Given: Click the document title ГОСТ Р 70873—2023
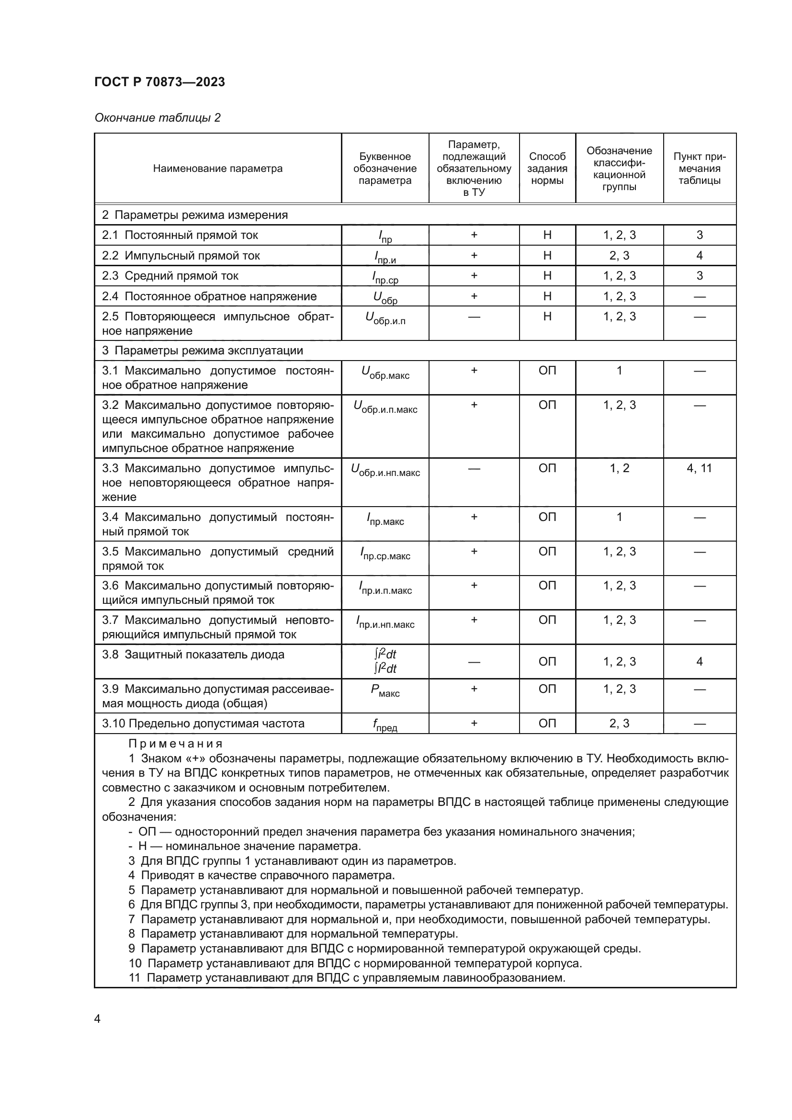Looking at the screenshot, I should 159,82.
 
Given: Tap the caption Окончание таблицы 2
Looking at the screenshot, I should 158,118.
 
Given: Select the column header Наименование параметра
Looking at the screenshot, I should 217,168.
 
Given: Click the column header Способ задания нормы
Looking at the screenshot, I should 547,168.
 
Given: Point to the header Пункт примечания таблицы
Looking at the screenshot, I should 699,168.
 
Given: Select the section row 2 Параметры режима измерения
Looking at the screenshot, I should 194,215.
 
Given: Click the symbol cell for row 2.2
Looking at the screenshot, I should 385,257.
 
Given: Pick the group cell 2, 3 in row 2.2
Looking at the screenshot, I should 619,256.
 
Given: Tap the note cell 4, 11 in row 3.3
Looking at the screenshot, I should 699,468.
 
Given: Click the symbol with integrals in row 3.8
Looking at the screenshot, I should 385,661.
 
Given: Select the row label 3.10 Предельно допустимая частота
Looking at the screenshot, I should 203,724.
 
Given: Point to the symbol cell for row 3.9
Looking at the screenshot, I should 385,690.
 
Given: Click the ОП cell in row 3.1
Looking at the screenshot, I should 547,371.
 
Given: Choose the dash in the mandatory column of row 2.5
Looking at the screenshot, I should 474,317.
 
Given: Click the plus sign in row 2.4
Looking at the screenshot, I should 474,296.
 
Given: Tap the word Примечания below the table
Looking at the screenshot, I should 176,744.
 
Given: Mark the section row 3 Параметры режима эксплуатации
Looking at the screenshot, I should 203,351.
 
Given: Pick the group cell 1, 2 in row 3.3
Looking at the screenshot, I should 619,468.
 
